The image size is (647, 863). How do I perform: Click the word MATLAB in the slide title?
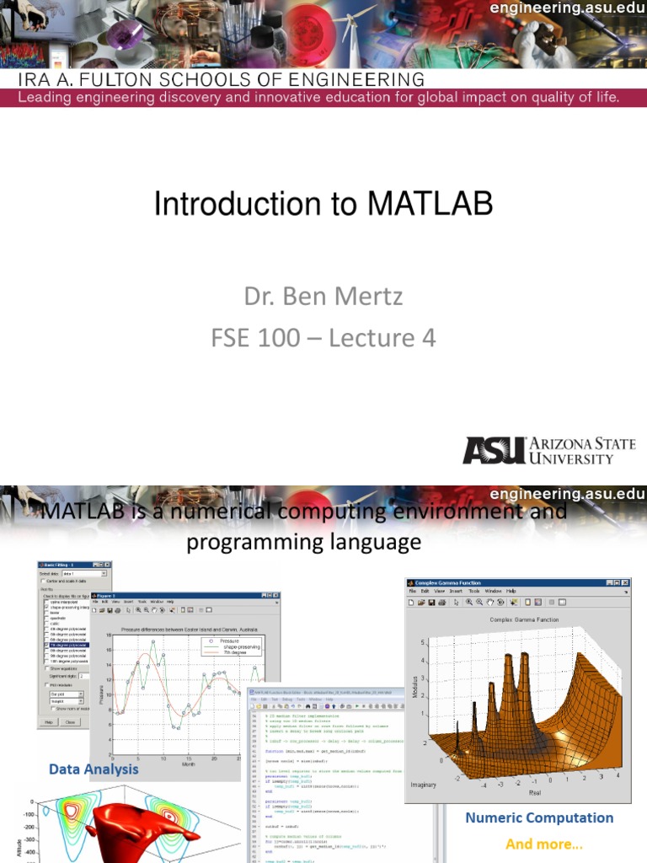pos(430,205)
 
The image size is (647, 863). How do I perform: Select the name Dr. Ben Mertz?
pos(323,296)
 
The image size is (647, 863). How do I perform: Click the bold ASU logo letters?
pos(493,450)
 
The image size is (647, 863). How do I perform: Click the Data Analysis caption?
pos(94,769)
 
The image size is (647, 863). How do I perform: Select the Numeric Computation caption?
pos(539,817)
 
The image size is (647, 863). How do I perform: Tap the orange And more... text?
pos(543,844)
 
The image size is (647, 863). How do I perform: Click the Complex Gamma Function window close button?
pos(625,582)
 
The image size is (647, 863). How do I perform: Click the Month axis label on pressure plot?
pos(186,764)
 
